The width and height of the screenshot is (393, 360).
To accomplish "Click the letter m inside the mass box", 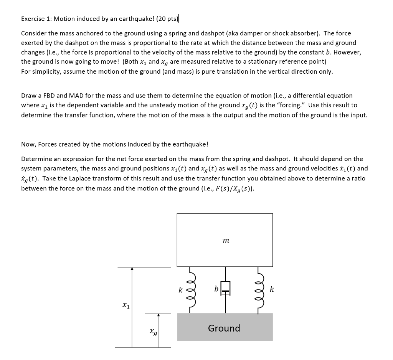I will tap(226, 241).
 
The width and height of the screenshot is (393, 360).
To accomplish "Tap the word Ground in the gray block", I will tap(224, 328).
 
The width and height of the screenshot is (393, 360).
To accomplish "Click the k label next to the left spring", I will tap(180, 290).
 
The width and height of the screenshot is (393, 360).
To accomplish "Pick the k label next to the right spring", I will tap(272, 289).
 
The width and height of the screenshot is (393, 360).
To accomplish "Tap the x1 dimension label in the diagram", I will tap(125, 306).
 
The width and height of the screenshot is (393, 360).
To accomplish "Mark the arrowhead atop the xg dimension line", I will tap(158, 315).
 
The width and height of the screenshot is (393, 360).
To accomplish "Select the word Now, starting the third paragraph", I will tap(28, 144).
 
